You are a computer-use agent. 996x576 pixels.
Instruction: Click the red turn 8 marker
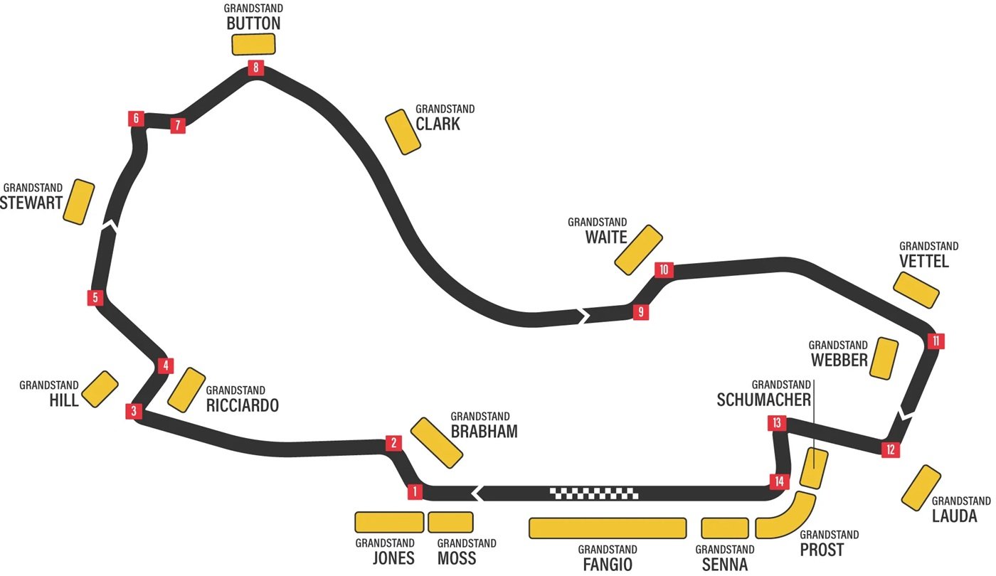[x=255, y=68]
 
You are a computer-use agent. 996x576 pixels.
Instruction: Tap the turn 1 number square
[x=415, y=491]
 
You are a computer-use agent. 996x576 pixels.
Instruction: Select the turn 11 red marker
[x=936, y=341]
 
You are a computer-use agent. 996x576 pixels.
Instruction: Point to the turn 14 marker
[x=780, y=481]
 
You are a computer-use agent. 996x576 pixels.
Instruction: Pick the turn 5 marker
[x=95, y=297]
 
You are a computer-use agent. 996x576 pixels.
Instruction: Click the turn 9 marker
[x=640, y=311]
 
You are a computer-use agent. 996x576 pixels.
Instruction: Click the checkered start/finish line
[x=594, y=492]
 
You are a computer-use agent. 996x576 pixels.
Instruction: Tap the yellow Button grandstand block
[x=253, y=44]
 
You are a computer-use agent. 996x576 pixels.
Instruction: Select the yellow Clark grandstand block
[x=403, y=132]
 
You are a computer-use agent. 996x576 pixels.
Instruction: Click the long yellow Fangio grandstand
[x=608, y=528]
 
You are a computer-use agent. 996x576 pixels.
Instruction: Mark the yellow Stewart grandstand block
[x=79, y=203]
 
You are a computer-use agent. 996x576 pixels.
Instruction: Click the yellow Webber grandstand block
[x=884, y=358]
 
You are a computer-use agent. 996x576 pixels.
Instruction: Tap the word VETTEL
[x=924, y=262]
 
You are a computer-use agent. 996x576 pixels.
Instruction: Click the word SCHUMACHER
[x=763, y=400]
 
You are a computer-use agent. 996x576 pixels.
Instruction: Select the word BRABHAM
[x=484, y=432]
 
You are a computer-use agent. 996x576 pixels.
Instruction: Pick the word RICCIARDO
[x=242, y=405]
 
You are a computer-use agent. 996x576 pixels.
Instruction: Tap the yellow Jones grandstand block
[x=389, y=522]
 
